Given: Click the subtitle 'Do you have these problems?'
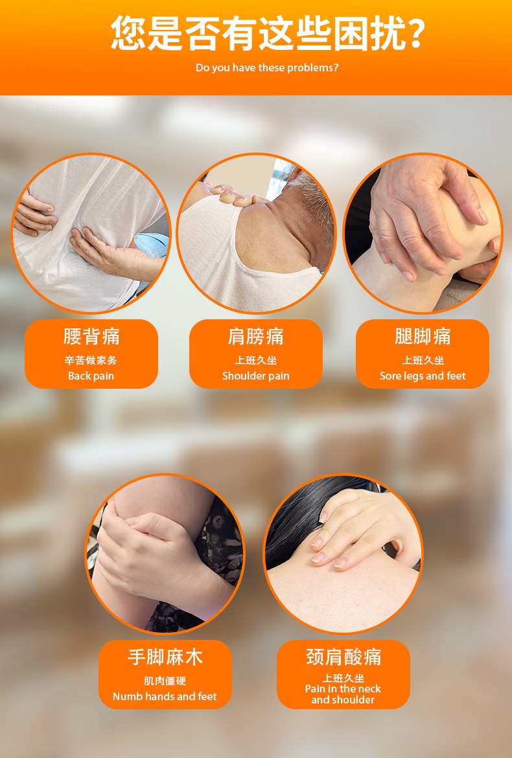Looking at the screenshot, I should click(x=267, y=67).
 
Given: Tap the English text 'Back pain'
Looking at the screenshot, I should click(x=91, y=376).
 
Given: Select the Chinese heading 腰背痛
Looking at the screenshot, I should click(x=91, y=336).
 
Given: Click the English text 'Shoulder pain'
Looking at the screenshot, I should click(x=256, y=376).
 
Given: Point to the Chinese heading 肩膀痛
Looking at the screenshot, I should click(x=256, y=336).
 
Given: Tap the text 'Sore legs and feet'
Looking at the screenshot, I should click(x=423, y=376).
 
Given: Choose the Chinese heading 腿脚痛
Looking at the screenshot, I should click(x=423, y=336).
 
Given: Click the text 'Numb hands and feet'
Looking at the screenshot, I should click(x=165, y=696).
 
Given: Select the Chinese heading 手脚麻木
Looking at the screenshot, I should click(x=165, y=657).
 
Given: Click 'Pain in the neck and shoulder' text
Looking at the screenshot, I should click(x=343, y=694).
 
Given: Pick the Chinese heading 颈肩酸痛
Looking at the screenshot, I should click(x=343, y=657).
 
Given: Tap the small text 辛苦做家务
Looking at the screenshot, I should click(x=91, y=360).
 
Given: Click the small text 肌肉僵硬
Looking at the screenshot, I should click(x=165, y=681).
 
